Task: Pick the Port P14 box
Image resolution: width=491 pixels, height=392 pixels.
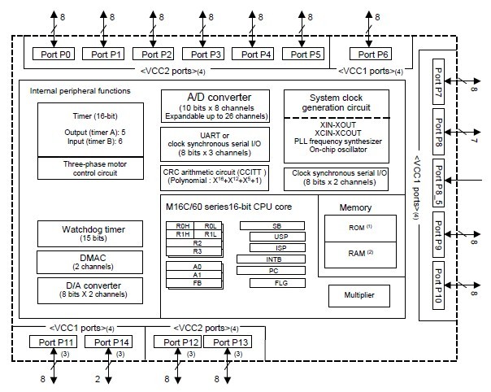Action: [x=112, y=342]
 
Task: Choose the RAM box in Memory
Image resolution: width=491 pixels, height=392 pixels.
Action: [x=356, y=252]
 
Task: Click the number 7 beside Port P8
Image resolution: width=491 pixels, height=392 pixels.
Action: [x=474, y=142]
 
